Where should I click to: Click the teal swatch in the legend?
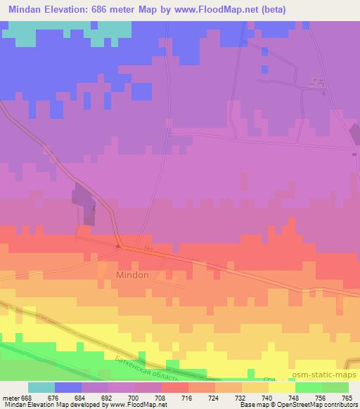click(x=41, y=387)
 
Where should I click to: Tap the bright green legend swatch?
click(x=308, y=387)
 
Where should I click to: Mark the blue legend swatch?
click(x=68, y=387)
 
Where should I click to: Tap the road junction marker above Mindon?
click(x=120, y=246)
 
